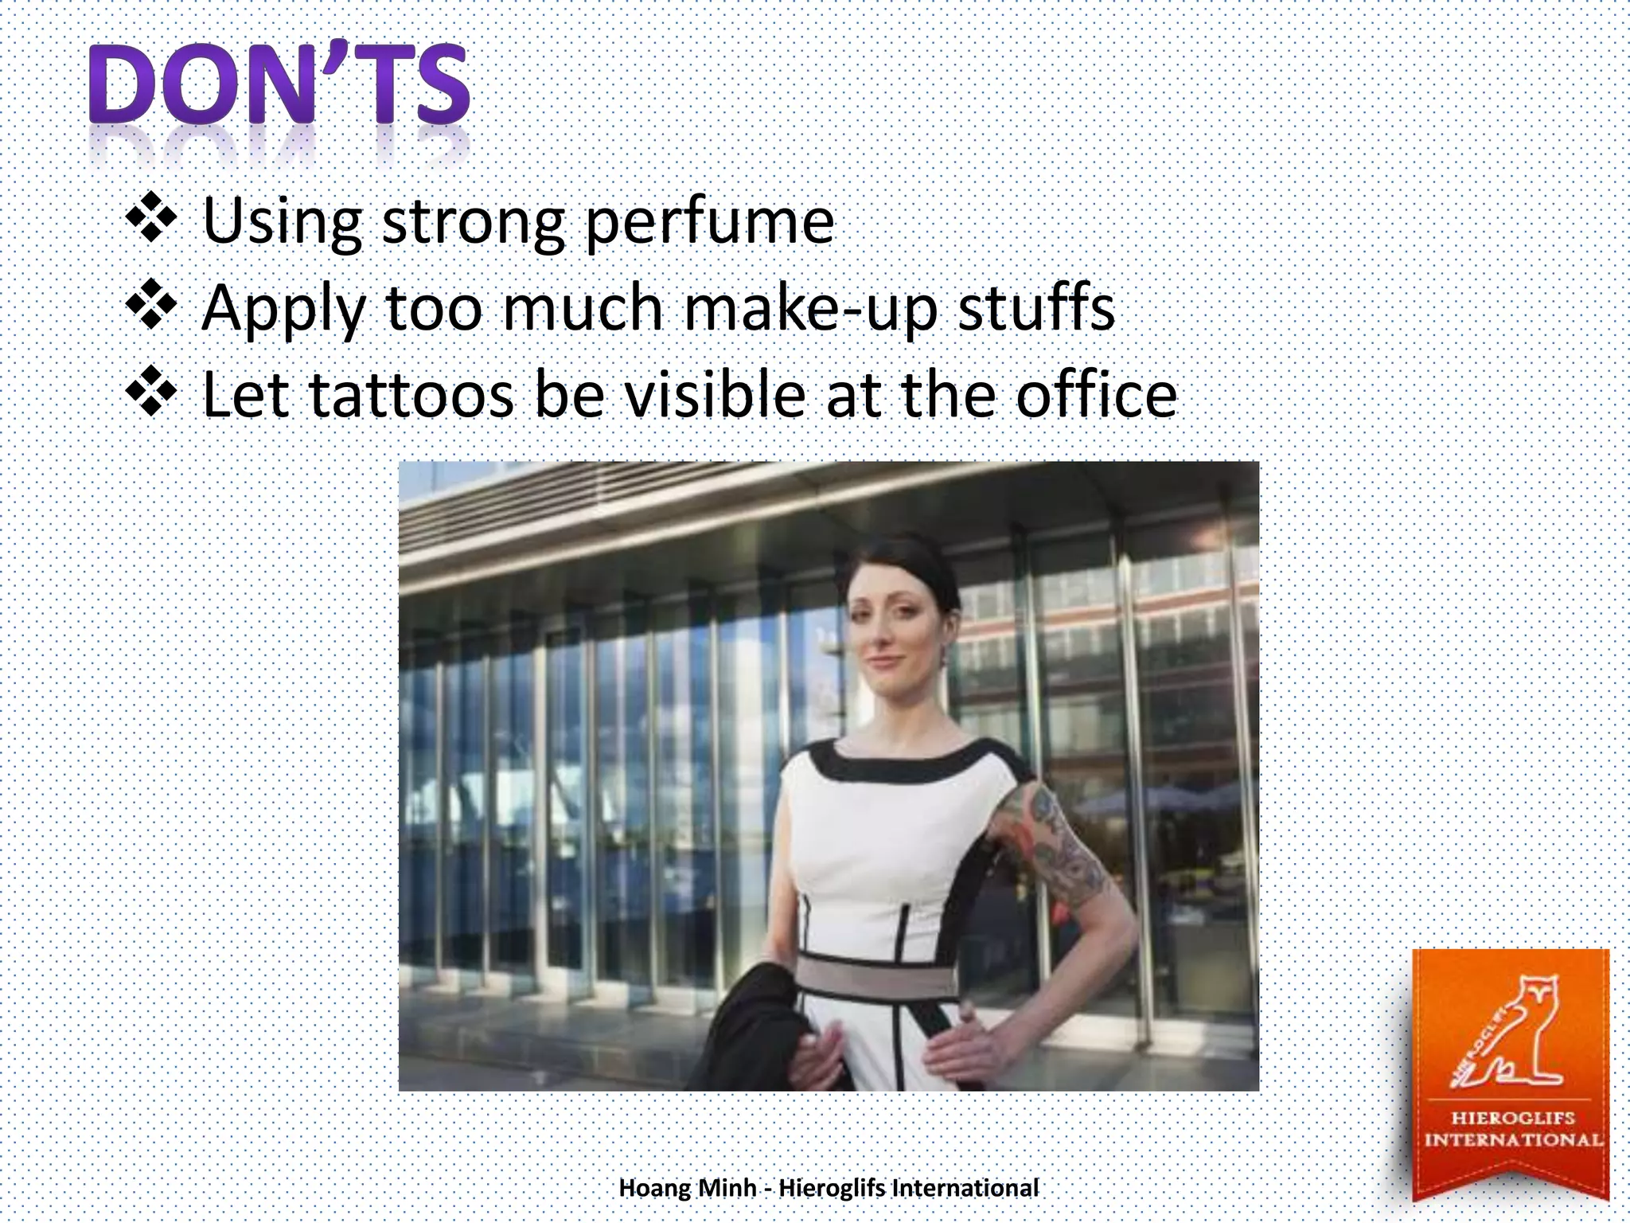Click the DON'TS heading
(x=279, y=85)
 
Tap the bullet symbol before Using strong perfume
(x=151, y=217)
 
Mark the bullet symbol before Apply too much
(x=151, y=304)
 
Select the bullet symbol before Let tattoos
(x=151, y=392)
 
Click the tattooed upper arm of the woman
(x=1051, y=844)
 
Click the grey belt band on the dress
(x=875, y=975)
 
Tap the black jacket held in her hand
(x=756, y=1027)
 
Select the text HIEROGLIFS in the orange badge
(x=1512, y=1118)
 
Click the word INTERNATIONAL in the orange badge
(x=1512, y=1140)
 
